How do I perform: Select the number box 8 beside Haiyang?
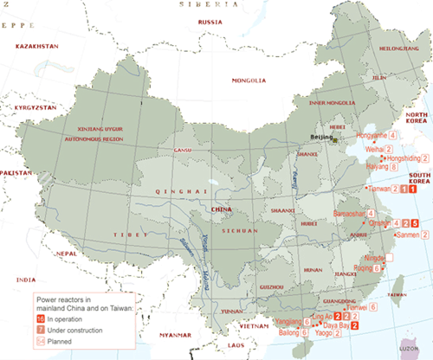(395, 168)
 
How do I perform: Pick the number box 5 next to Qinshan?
(417, 223)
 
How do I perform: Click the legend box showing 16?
(40, 319)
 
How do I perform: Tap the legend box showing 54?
(40, 342)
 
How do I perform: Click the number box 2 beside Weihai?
(378, 149)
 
